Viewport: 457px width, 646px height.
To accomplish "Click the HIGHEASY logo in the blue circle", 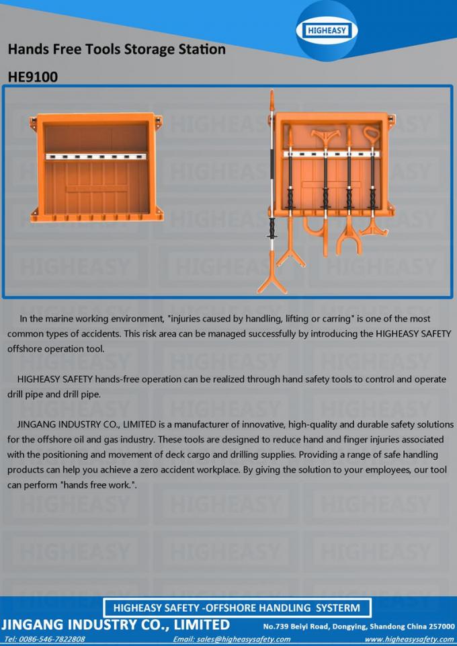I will click(x=327, y=30).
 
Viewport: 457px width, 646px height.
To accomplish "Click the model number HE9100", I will click(x=33, y=77).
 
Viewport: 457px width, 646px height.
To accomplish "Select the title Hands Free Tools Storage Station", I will click(x=116, y=49).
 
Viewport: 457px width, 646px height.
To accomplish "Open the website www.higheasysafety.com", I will click(x=409, y=639).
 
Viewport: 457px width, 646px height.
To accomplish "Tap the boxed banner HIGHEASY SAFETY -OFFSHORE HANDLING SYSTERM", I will click(x=236, y=608).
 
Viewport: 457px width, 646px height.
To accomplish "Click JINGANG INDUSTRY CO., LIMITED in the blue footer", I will click(x=115, y=624).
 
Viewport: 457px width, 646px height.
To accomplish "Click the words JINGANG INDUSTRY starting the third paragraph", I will click(x=60, y=425).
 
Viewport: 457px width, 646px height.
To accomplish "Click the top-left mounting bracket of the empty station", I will click(x=34, y=122).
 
